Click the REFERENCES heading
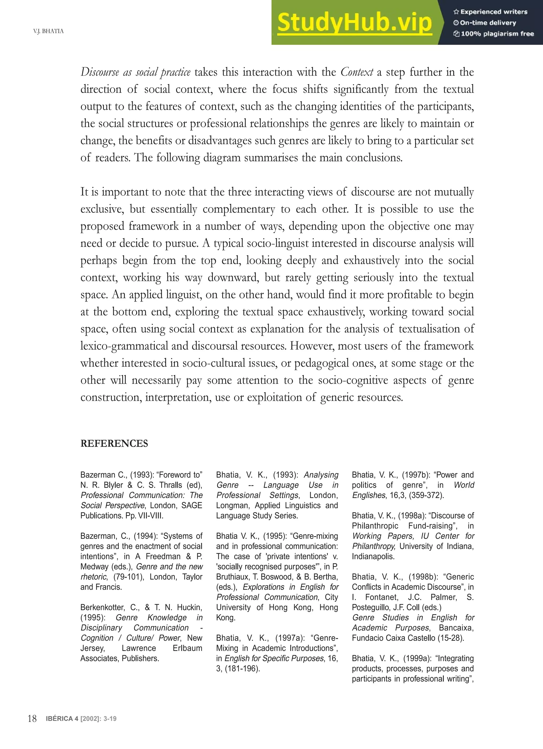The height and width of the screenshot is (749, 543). tap(114, 444)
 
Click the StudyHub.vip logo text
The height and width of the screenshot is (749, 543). tap(354, 23)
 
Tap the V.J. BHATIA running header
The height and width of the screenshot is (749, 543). tap(48, 31)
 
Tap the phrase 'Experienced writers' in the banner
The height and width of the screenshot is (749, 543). tap(494, 12)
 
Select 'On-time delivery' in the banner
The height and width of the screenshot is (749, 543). tap(488, 23)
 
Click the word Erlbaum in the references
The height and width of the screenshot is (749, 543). tap(187, 648)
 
